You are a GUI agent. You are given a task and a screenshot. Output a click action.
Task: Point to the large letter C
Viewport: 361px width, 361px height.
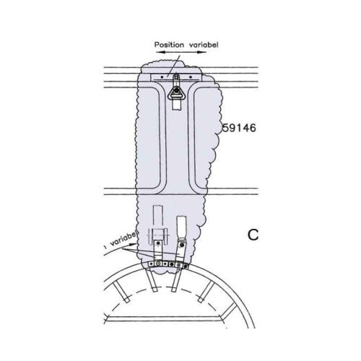click(253, 235)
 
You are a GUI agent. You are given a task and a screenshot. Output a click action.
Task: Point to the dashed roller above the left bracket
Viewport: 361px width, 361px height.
click(159, 235)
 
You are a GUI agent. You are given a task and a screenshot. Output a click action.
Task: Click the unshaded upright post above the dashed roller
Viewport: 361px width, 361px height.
click(157, 217)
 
